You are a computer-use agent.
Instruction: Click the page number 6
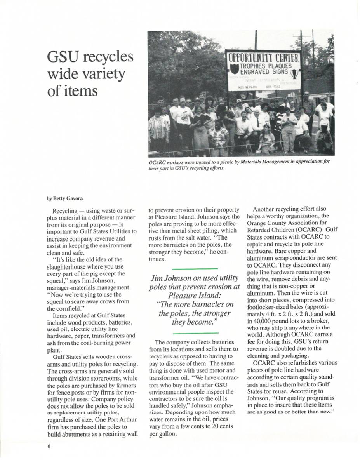(49, 446)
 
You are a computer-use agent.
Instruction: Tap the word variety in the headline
(104, 74)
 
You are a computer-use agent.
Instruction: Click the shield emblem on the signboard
(234, 69)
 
